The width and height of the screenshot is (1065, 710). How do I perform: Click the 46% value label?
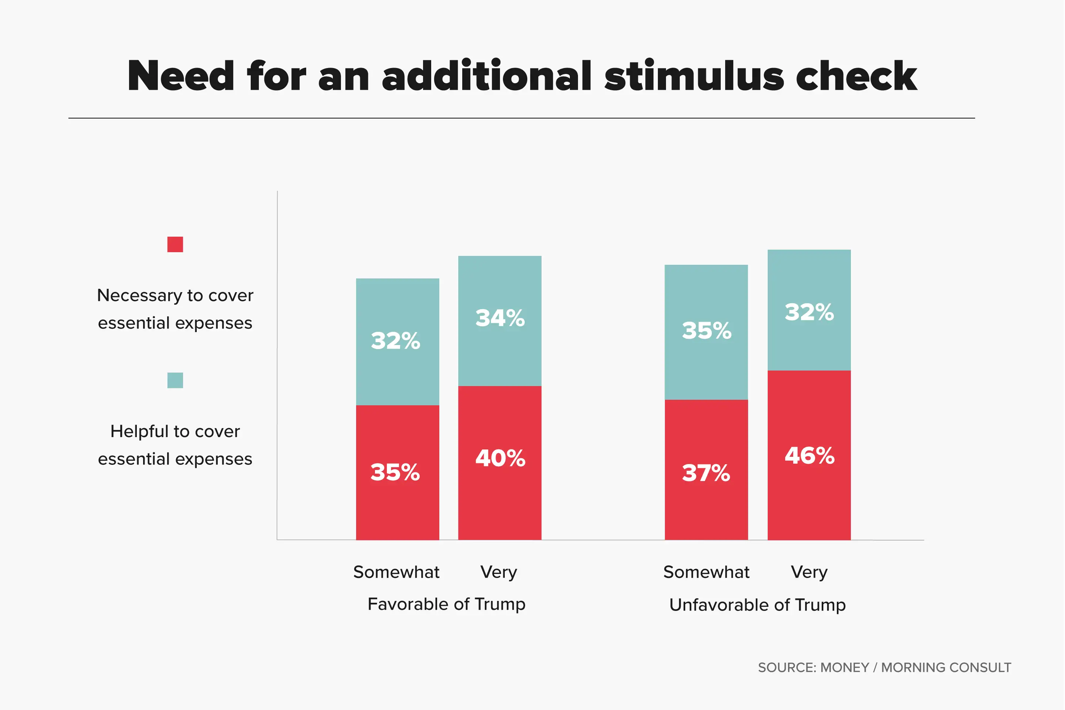[809, 456]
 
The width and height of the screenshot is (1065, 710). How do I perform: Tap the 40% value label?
[500, 458]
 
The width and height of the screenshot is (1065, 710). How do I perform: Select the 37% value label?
[706, 473]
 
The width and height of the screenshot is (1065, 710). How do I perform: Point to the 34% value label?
[500, 318]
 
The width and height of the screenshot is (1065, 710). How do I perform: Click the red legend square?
[175, 244]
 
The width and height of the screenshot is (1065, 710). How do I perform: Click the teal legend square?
[175, 381]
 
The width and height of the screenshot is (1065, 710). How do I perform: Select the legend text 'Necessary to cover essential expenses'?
[175, 309]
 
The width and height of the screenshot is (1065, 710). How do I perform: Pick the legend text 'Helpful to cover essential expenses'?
[175, 444]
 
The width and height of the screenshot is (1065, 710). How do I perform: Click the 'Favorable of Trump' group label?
[446, 604]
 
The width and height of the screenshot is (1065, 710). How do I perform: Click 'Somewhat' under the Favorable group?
[396, 572]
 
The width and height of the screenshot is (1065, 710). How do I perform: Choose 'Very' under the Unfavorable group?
[809, 572]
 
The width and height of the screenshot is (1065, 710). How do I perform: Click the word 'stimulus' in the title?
[694, 76]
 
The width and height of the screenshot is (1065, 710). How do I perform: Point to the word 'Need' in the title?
[181, 76]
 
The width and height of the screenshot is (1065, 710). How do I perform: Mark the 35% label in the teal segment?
[706, 331]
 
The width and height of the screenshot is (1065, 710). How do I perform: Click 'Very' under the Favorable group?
[498, 572]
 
